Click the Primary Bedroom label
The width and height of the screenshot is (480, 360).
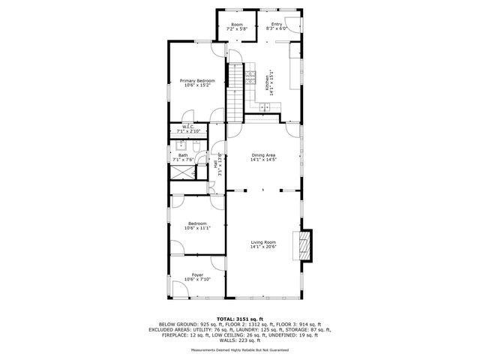click(197, 80)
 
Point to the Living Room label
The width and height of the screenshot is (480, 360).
click(263, 241)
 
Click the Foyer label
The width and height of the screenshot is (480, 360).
click(197, 275)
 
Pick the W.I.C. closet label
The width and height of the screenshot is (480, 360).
click(188, 127)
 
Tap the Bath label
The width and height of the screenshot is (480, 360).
click(183, 155)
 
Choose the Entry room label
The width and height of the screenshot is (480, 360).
click(276, 24)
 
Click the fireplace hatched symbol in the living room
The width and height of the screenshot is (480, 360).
click(304, 244)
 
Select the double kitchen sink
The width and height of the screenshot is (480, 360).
click(265, 109)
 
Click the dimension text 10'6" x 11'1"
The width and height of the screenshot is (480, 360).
click(197, 228)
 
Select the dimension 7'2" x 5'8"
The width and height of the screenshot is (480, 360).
click(237, 29)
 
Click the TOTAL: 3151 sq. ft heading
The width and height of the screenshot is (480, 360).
click(239, 319)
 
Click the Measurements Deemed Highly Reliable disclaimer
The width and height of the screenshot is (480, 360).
click(239, 349)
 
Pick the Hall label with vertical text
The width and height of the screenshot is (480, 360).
click(215, 163)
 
